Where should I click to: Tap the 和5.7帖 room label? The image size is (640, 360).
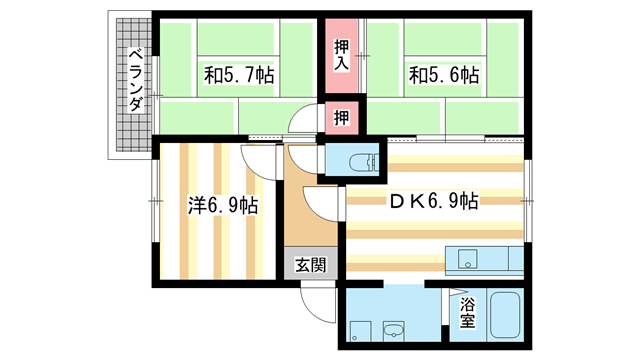(x=241, y=75)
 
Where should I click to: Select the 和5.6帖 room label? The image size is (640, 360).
(x=441, y=75)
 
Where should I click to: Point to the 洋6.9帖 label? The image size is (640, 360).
(x=224, y=206)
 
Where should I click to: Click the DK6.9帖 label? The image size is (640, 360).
(x=434, y=201)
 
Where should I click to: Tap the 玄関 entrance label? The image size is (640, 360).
(x=310, y=266)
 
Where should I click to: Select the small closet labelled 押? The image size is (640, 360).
(x=342, y=117)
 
